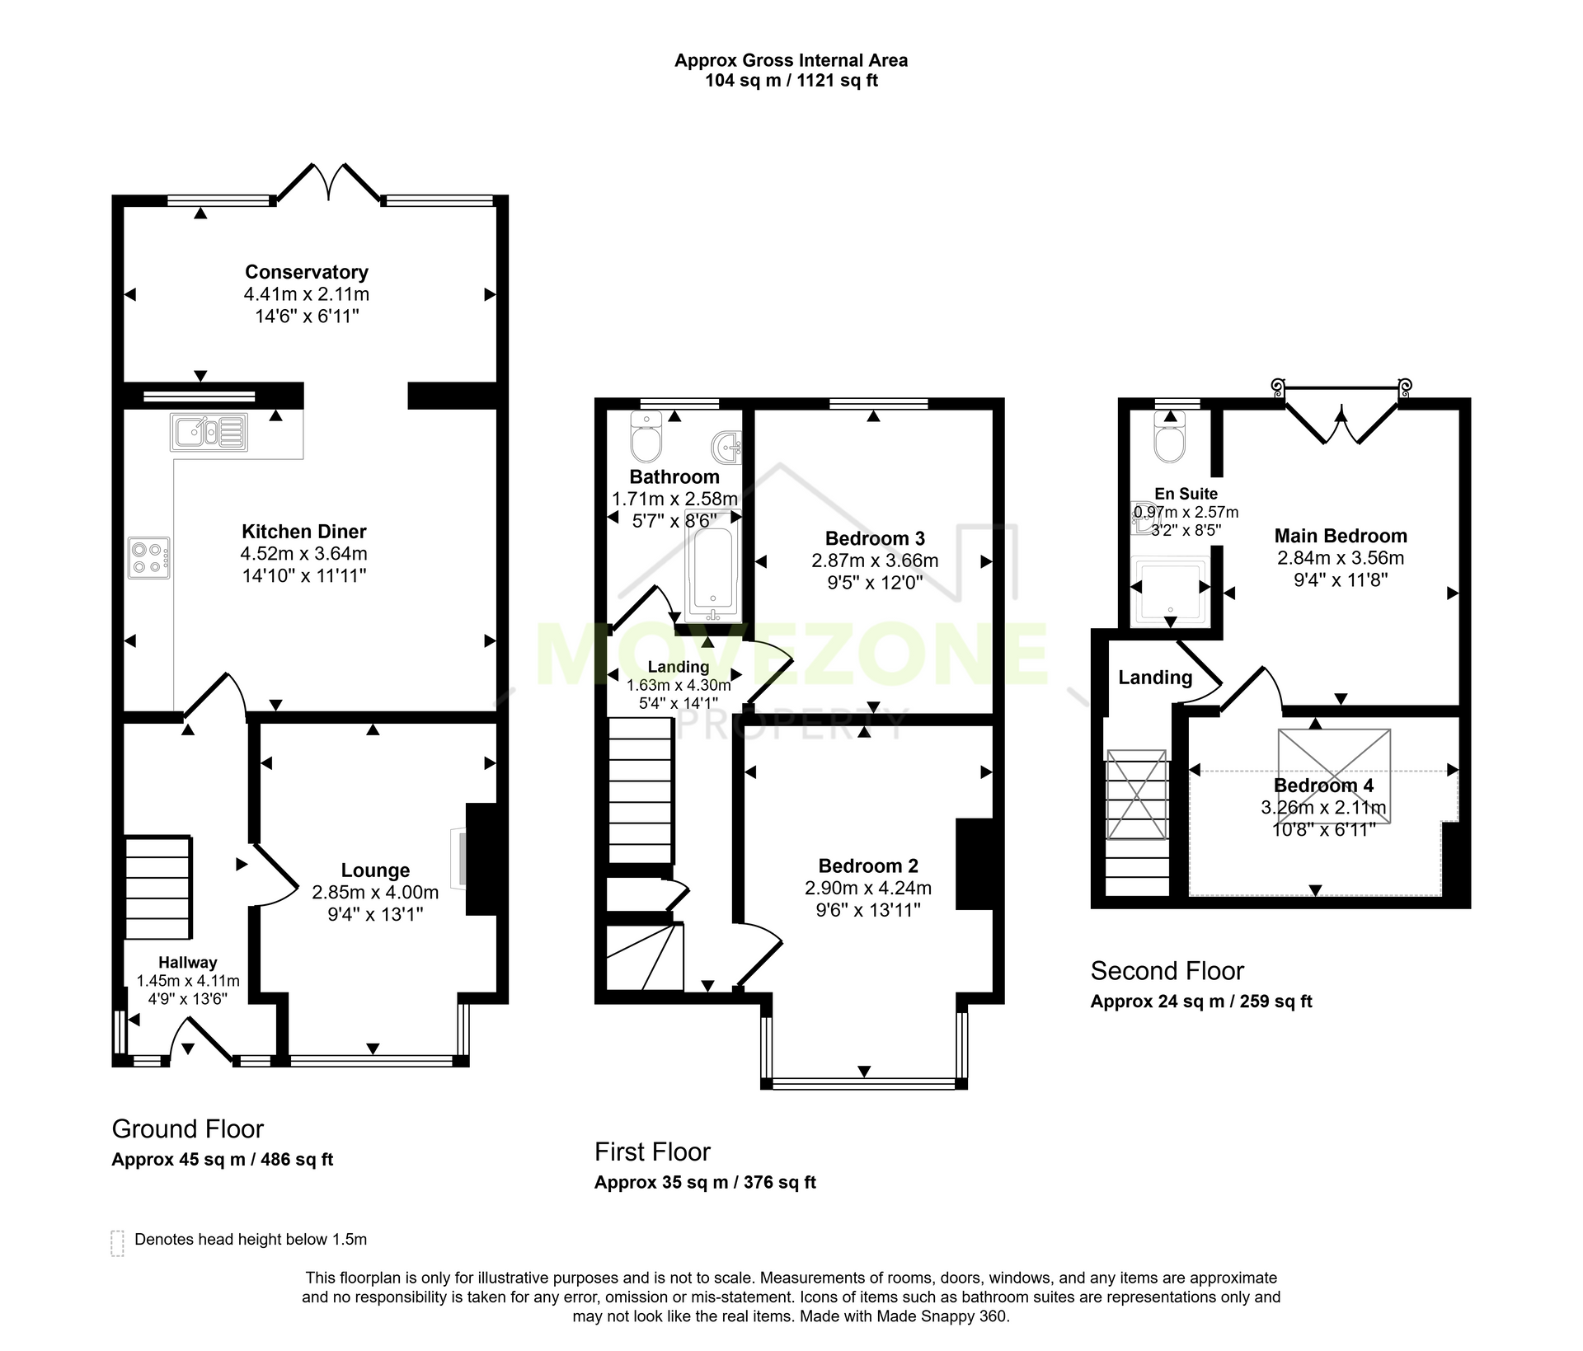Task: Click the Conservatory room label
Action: pos(306,272)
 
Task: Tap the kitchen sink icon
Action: pos(209,432)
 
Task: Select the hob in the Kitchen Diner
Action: pos(149,557)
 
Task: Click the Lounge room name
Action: pos(375,870)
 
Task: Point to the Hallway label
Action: pos(188,962)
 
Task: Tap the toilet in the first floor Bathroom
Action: pos(646,436)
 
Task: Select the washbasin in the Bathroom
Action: pos(726,447)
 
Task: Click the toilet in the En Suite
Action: pos(1170,437)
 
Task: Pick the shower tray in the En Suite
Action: pos(1170,591)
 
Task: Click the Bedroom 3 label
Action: pos(875,538)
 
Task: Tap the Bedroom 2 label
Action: pos(868,865)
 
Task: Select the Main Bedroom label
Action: pos(1341,536)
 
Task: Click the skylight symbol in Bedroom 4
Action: pos(1334,776)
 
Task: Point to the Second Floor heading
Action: pos(1167,971)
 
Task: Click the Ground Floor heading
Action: pos(188,1129)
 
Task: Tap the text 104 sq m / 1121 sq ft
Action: pos(791,81)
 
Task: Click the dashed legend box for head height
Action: pos(117,1243)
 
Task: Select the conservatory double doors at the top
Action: pos(329,182)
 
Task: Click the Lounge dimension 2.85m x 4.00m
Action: pos(375,893)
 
